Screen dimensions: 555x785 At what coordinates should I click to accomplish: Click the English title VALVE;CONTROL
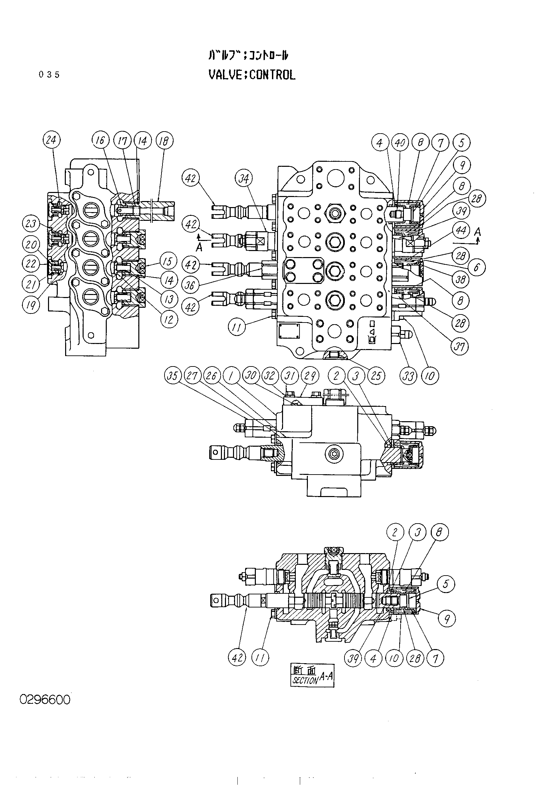coord(252,75)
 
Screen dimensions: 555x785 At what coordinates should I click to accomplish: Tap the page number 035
coord(49,75)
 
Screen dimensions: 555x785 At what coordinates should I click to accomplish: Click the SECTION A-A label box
coord(312,675)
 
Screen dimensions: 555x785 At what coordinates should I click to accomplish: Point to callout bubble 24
coord(52,140)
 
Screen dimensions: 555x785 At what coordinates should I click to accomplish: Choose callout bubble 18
coord(165,141)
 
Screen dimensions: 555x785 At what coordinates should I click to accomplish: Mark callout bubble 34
coord(244,179)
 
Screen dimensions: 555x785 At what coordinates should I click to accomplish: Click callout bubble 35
coord(173,376)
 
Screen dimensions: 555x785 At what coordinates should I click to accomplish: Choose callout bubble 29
coord(310,376)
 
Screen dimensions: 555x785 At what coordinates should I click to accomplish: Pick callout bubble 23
coord(31,224)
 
